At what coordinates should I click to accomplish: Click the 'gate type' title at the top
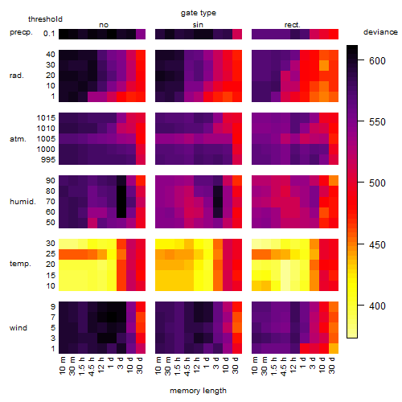point(199,13)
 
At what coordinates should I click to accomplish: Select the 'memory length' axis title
point(198,391)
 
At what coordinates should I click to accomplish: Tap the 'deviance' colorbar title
point(380,32)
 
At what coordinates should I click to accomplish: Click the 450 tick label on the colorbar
point(377,244)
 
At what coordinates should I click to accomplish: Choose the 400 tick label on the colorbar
point(377,306)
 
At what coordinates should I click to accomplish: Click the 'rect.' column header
point(293,25)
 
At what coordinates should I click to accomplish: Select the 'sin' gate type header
point(198,25)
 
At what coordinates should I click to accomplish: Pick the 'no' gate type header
point(104,25)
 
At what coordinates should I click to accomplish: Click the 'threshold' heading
point(45,19)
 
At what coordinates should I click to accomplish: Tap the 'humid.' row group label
point(23,202)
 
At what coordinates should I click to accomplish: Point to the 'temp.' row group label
point(20,264)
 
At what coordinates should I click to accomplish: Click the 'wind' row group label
point(18,328)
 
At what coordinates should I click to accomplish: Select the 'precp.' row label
point(21,32)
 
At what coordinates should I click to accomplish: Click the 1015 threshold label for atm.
point(46,118)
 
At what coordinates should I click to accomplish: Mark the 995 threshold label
point(48,160)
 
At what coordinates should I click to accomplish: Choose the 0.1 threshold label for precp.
point(49,34)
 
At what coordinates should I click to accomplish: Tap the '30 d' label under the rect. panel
point(332,365)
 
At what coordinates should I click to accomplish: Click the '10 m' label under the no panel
point(62,366)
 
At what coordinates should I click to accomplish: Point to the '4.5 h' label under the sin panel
point(187,367)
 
